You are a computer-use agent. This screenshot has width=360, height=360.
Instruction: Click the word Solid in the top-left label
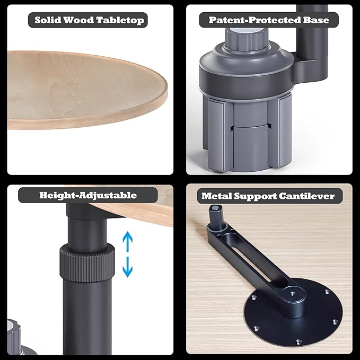point(48,20)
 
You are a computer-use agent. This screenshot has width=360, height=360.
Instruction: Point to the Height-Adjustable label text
point(88,196)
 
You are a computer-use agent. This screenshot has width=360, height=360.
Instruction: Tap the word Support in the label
point(255,197)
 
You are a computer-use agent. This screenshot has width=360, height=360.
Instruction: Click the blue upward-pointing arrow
point(127,241)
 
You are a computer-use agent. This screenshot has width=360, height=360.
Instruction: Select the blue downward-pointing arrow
point(127,267)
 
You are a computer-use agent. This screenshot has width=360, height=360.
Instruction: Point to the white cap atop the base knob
point(246,31)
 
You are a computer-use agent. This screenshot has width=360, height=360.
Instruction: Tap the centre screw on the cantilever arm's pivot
point(293,294)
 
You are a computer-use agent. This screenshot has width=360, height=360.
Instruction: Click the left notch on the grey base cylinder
point(232,128)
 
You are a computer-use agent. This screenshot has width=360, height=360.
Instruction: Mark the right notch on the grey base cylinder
point(269,126)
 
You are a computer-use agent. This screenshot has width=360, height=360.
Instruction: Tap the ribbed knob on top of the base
point(246,39)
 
